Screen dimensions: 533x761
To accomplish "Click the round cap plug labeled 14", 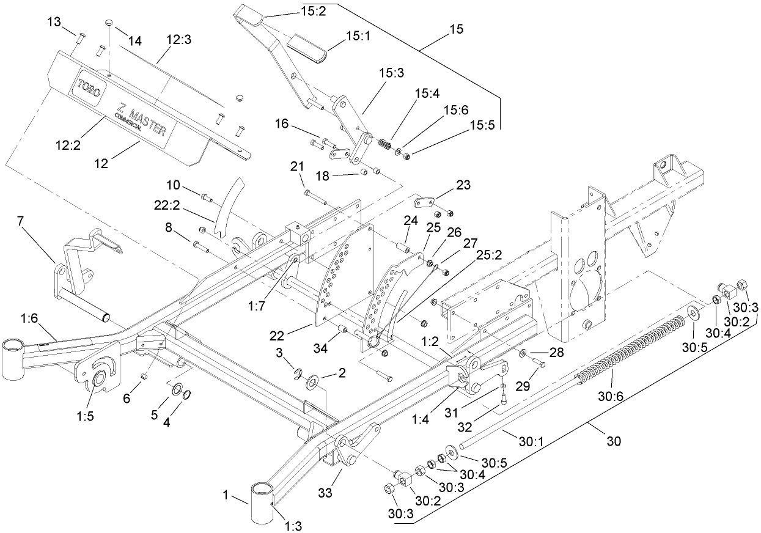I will [x=108, y=23].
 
